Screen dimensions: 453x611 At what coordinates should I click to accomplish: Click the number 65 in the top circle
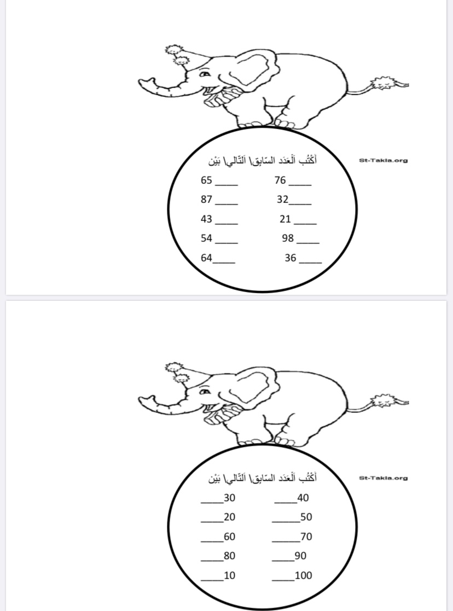pos(206,180)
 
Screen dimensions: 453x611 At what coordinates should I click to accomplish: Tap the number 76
pos(280,180)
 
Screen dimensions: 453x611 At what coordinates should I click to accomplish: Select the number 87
pos(206,199)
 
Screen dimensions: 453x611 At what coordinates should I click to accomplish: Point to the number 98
pos(288,238)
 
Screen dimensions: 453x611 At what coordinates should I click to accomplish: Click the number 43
pos(206,219)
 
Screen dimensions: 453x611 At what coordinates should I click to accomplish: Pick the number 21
pos(285,219)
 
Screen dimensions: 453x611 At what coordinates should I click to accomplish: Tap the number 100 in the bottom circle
pos(303,575)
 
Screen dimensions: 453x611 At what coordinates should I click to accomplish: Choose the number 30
pos(229,498)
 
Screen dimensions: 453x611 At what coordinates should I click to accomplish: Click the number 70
pos(306,537)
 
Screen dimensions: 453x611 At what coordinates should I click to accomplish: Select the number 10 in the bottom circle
pos(229,575)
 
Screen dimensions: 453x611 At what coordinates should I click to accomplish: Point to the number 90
pos(300,556)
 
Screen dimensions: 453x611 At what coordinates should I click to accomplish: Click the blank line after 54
pos(226,243)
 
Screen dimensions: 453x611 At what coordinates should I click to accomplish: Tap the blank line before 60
pos(212,541)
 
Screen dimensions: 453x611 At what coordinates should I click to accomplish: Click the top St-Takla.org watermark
pos(383,160)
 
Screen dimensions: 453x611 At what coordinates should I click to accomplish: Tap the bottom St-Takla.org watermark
pos(383,478)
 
